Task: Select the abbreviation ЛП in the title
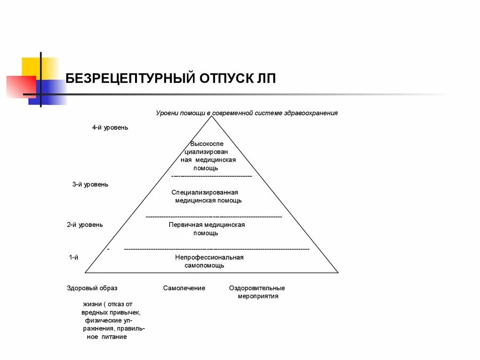click(266, 78)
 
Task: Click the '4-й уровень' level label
click(110, 127)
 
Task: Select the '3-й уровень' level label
click(90, 184)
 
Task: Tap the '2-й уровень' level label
click(84, 225)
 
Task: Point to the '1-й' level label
click(73, 257)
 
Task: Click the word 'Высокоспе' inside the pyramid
click(207, 144)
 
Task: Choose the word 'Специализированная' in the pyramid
click(205, 192)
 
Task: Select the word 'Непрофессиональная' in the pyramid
click(209, 257)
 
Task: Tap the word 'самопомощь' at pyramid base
click(204, 265)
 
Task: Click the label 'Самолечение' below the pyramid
click(184, 288)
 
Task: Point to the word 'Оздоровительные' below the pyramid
click(257, 288)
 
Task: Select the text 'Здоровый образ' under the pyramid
click(92, 288)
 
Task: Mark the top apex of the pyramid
click(212, 116)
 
